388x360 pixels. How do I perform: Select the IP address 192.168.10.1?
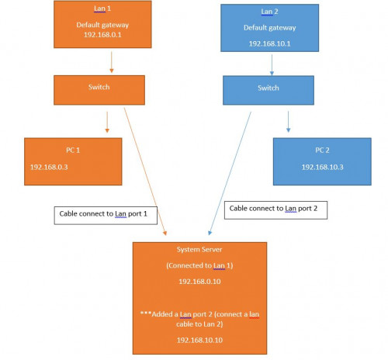[x=269, y=45]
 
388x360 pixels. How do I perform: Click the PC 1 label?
[x=74, y=150]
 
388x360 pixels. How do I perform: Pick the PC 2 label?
[x=323, y=150]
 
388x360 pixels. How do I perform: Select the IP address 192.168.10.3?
[x=323, y=167]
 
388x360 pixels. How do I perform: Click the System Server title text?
[x=199, y=249]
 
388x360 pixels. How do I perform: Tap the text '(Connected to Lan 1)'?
[x=199, y=266]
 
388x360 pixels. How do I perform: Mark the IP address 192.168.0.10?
[x=199, y=282]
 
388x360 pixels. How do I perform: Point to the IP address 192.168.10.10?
[x=199, y=341]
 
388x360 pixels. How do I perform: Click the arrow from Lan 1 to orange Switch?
[x=112, y=62]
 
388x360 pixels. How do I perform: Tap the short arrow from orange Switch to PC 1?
[x=106, y=120]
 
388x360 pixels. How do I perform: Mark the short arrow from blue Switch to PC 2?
[x=289, y=120]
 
